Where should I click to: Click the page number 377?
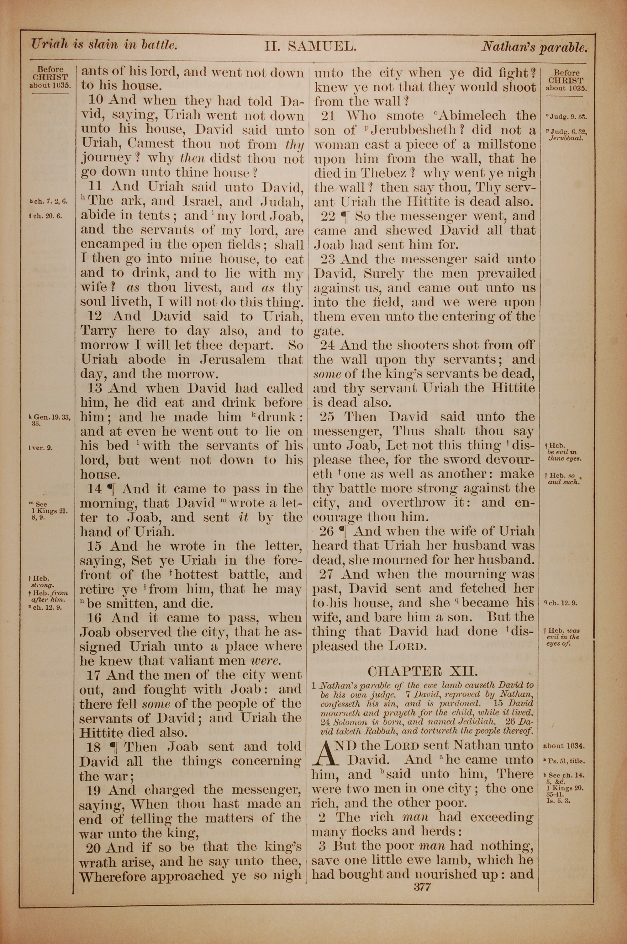coord(422,887)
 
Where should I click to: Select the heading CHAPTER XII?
coord(422,671)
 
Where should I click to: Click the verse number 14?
coord(95,489)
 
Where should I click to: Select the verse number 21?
coord(328,116)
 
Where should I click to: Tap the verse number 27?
coord(327,574)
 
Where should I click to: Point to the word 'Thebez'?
coord(384,173)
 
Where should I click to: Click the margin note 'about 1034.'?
coord(564,746)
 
